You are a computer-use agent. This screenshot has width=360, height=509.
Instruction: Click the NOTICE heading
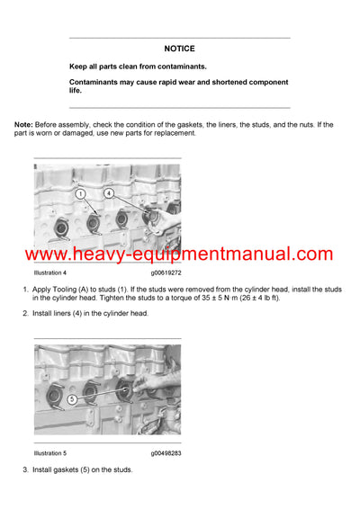(179, 49)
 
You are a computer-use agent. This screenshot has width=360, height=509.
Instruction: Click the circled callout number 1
(79, 193)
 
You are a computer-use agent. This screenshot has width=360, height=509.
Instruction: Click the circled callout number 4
(109, 193)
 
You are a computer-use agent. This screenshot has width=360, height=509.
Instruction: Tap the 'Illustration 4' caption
(51, 272)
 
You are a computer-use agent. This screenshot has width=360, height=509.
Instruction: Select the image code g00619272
(166, 272)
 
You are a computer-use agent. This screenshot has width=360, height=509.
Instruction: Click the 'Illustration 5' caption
(51, 452)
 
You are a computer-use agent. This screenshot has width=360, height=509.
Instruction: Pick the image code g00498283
(166, 452)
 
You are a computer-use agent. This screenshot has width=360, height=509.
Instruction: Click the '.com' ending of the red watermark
(310, 254)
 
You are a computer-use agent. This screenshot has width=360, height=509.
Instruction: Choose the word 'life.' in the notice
(76, 91)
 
